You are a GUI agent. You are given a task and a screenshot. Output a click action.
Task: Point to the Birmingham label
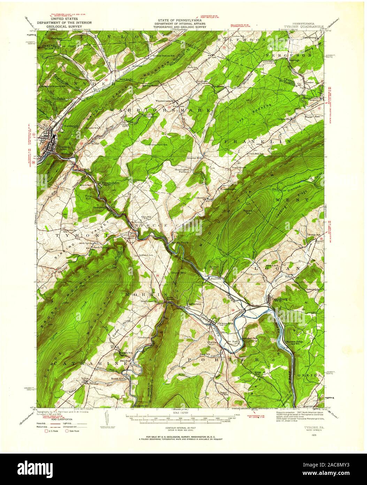110,182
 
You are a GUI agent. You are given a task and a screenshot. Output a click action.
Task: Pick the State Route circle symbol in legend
68,431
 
